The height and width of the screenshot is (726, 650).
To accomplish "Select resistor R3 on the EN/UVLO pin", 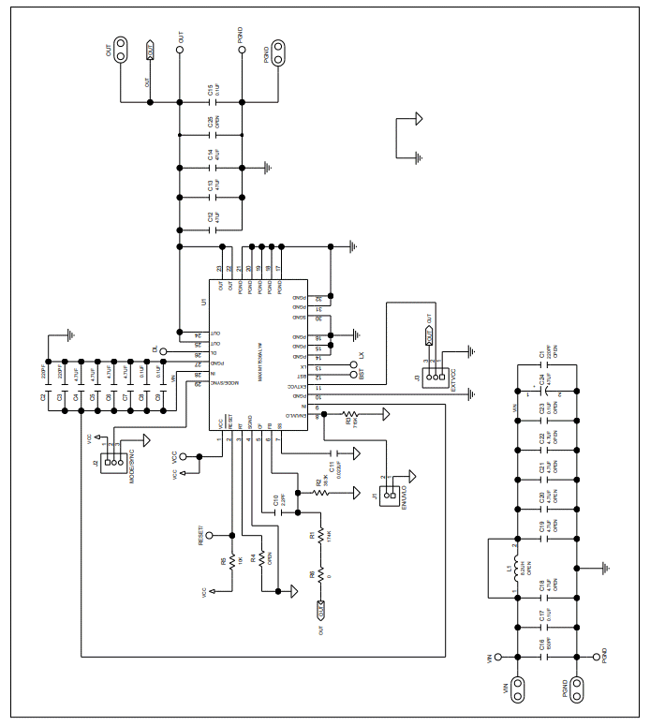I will coord(350,412).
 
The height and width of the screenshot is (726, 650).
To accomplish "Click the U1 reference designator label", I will coord(202,302).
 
